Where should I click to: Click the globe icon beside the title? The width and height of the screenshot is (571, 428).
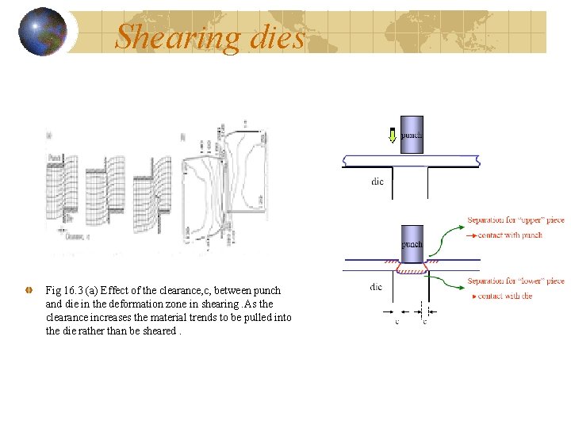tap(42, 32)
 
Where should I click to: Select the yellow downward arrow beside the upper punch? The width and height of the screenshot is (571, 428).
tap(392, 136)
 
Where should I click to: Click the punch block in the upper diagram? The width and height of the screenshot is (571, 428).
tap(412, 135)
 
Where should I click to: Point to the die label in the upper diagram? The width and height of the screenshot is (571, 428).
tap(377, 182)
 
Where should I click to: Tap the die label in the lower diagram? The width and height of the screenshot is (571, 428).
tap(376, 286)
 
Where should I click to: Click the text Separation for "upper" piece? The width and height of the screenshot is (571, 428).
tap(515, 220)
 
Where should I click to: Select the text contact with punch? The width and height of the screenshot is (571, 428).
tap(512, 235)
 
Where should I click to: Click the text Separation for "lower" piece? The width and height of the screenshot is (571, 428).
tap(515, 281)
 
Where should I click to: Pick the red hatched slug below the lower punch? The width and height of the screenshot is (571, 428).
tap(412, 269)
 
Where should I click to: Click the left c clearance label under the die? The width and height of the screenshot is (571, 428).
tap(397, 321)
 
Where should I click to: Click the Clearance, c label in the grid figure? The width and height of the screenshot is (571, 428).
tap(76, 235)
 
